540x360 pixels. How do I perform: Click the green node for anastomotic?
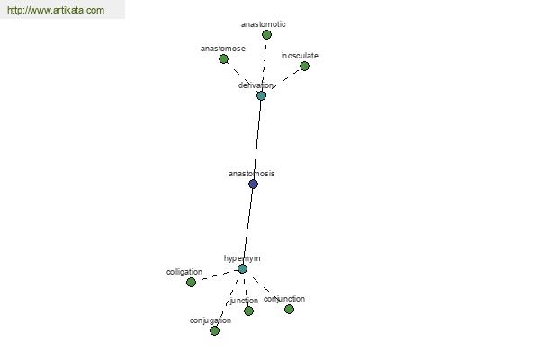[266, 34]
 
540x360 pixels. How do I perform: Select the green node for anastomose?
[223, 58]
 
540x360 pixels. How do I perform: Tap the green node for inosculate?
[304, 66]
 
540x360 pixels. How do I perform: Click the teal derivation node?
[261, 95]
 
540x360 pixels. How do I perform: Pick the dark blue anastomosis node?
[253, 184]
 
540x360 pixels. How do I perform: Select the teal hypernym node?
[242, 269]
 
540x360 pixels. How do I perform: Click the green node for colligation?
[191, 282]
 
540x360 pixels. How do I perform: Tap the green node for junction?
[248, 311]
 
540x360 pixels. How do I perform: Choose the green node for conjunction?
[289, 309]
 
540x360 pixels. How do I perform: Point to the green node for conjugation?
[214, 330]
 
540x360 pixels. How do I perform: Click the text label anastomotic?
[264, 24]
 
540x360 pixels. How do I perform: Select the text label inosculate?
[300, 56]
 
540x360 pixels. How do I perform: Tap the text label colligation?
[184, 272]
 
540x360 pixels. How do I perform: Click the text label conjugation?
[211, 320]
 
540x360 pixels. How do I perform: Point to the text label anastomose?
[223, 49]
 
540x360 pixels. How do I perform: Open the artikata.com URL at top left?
[56, 10]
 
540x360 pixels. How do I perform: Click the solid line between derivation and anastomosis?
[257, 139]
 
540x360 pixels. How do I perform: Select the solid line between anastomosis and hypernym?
[248, 226]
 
